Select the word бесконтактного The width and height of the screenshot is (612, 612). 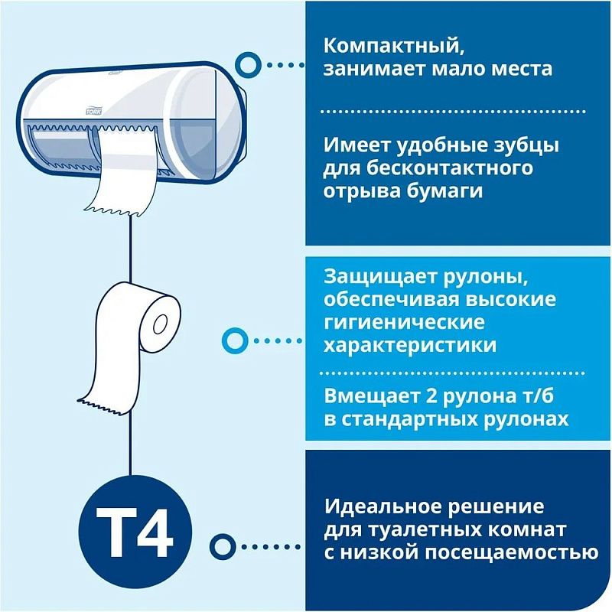click(x=457, y=168)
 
